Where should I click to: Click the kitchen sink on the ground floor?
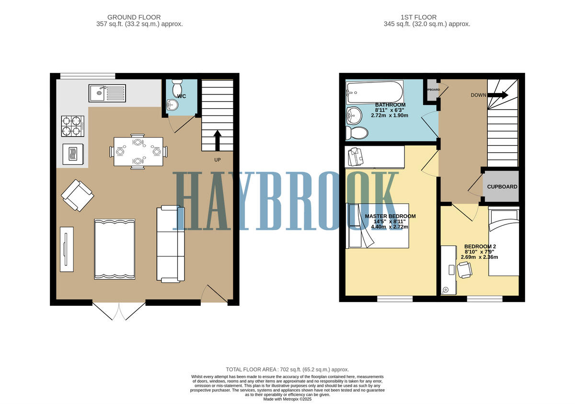click(107, 92)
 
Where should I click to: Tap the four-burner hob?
click(72, 126)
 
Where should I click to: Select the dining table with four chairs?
click(138, 151)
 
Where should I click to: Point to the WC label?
click(182, 96)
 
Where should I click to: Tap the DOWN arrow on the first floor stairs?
click(498, 95)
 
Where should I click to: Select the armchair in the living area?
click(77, 195)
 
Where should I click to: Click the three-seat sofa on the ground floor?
click(171, 243)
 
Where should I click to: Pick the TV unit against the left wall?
click(67, 249)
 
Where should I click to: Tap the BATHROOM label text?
click(390, 105)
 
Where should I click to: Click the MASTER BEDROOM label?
click(390, 216)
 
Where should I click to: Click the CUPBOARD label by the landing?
click(502, 186)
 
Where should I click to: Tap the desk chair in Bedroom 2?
click(464, 271)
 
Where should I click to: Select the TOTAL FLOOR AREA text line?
click(287, 369)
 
